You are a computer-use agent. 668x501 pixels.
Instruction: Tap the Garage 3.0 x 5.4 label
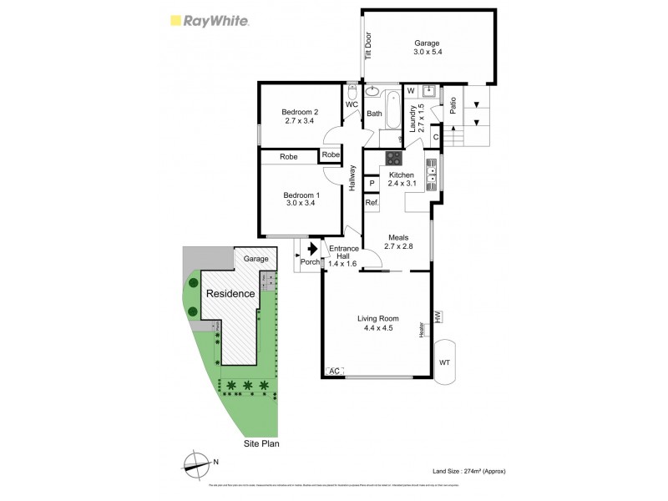tap(426, 48)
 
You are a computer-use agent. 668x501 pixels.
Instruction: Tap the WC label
tap(352, 104)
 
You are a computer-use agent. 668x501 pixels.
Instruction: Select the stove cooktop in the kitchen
tap(393, 159)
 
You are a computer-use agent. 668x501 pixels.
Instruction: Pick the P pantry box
tap(371, 182)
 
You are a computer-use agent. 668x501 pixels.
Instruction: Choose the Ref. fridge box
tap(372, 203)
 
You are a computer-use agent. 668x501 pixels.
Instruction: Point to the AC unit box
tap(334, 371)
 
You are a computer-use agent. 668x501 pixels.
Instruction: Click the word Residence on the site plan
tap(230, 294)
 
